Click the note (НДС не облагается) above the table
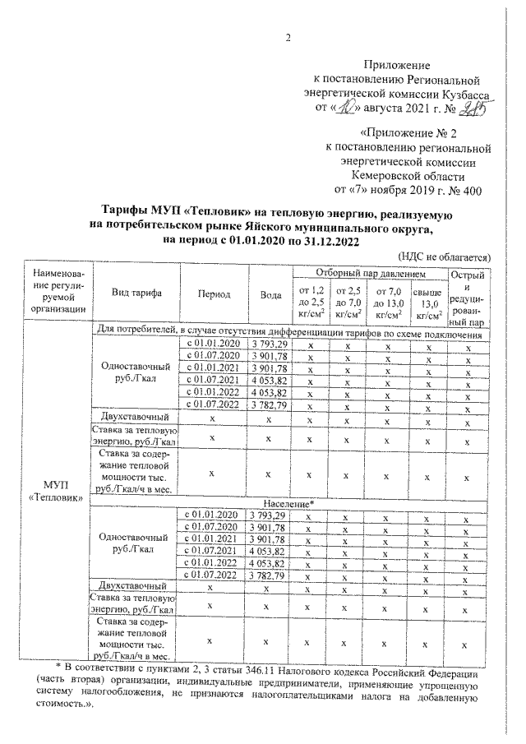coord(444,256)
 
